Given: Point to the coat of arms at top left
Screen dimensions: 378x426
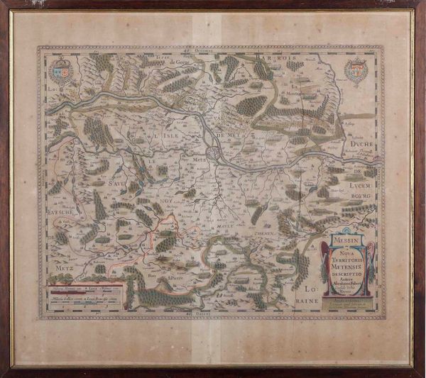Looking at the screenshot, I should [61, 72].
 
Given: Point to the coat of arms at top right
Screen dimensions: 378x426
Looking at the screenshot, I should [355, 72].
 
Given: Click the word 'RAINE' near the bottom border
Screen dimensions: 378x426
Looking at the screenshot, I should [307, 301].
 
